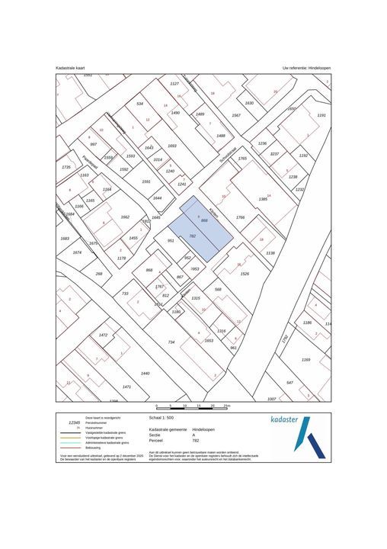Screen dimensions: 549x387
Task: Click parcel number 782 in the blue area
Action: coord(193,236)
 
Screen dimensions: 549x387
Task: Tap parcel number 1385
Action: coord(263,198)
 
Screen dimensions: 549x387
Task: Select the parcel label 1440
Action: coord(146,373)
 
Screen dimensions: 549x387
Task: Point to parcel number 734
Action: coord(171,342)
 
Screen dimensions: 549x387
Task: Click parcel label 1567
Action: coord(236,115)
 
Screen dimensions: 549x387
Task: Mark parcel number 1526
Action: coord(245,274)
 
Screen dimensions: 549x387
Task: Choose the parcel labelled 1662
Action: coord(125,217)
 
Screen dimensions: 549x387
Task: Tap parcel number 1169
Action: coord(305,359)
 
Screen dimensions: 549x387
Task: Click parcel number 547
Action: coord(289,382)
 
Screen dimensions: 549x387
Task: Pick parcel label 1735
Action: coord(66,167)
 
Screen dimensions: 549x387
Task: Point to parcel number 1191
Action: coord(321,115)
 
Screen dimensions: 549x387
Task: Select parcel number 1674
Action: coord(77,252)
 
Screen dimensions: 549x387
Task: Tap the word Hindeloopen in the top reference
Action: coord(315,68)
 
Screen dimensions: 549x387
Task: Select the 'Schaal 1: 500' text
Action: coord(162,418)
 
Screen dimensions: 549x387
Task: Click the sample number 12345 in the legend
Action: coord(74,422)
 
